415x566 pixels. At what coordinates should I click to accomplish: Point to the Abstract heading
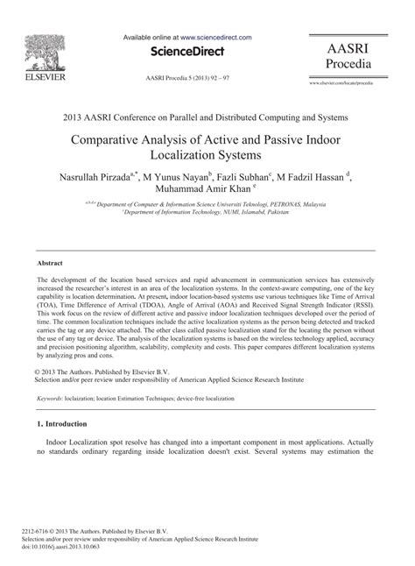49,263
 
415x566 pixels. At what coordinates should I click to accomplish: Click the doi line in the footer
74,547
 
